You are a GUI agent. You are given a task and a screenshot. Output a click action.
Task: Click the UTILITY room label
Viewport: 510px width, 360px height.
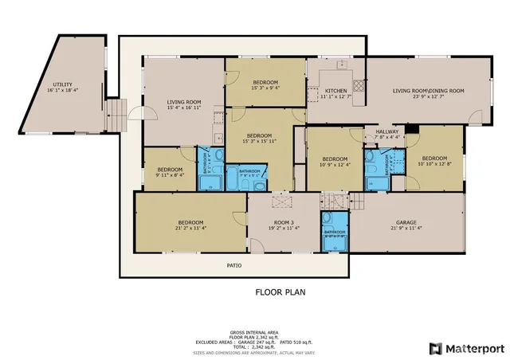pyautogui.click(x=62, y=84)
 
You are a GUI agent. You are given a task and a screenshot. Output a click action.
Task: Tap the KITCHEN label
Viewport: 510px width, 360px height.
pyautogui.click(x=336, y=91)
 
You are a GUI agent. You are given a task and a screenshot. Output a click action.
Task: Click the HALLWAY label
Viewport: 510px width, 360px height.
pyautogui.click(x=386, y=131)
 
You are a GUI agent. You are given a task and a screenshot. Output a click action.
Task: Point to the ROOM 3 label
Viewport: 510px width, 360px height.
pyautogui.click(x=284, y=222)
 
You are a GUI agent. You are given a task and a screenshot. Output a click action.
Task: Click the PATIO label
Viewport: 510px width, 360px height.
pyautogui.click(x=233, y=265)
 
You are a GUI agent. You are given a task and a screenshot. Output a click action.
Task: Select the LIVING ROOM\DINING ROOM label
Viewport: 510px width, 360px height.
pyautogui.click(x=428, y=91)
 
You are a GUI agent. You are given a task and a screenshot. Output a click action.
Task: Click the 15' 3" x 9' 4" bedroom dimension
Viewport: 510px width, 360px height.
pyautogui.click(x=265, y=88)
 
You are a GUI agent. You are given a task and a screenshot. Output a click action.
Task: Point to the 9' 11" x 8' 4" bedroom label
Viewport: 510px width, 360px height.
pyautogui.click(x=170, y=172)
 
